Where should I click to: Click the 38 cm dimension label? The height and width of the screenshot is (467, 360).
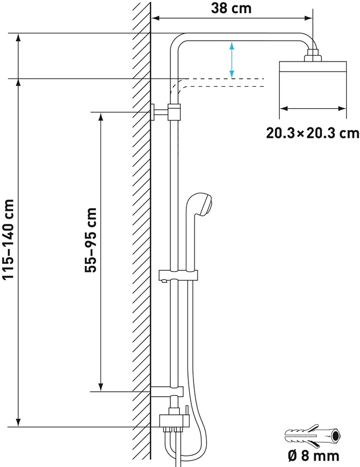pos(231,8)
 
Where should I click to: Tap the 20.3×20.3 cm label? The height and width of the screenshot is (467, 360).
pos(313,133)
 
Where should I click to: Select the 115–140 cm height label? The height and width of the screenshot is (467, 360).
pos(8,239)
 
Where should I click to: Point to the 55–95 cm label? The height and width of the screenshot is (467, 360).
pos(91,240)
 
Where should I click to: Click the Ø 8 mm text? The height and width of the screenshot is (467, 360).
pos(313,455)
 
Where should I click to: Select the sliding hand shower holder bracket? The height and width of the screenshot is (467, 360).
pos(178,275)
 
